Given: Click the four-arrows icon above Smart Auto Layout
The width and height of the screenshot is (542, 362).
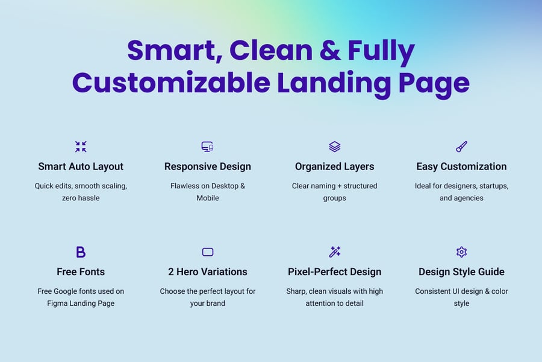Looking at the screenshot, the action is point(81,147).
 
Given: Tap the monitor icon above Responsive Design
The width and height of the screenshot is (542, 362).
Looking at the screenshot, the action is point(207,147).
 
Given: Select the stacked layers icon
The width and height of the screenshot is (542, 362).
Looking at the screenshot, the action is point(335,147).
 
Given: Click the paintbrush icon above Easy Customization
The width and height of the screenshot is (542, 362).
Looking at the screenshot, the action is point(461,147).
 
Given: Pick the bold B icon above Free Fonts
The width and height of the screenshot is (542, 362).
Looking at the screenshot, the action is point(81,252).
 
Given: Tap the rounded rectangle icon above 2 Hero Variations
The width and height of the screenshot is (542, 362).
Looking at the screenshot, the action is point(207,252).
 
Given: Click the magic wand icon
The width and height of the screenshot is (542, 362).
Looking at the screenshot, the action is point(335,252).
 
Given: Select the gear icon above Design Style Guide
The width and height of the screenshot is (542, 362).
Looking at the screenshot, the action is point(461,252).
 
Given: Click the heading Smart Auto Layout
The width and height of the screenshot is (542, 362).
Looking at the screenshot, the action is point(81,167).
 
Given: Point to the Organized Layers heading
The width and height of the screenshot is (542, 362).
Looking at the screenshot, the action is point(335,167).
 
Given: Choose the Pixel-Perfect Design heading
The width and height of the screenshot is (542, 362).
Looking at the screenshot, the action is point(335,272).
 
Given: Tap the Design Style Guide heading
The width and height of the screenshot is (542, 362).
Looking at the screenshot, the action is point(461,272).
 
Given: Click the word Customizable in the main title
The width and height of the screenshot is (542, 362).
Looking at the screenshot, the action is point(171,83).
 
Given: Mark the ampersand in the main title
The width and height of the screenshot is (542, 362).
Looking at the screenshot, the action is point(330,50).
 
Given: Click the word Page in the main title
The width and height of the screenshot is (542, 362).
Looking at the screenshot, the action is point(434,85).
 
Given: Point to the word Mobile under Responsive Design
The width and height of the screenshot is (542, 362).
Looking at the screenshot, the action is point(207,198).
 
